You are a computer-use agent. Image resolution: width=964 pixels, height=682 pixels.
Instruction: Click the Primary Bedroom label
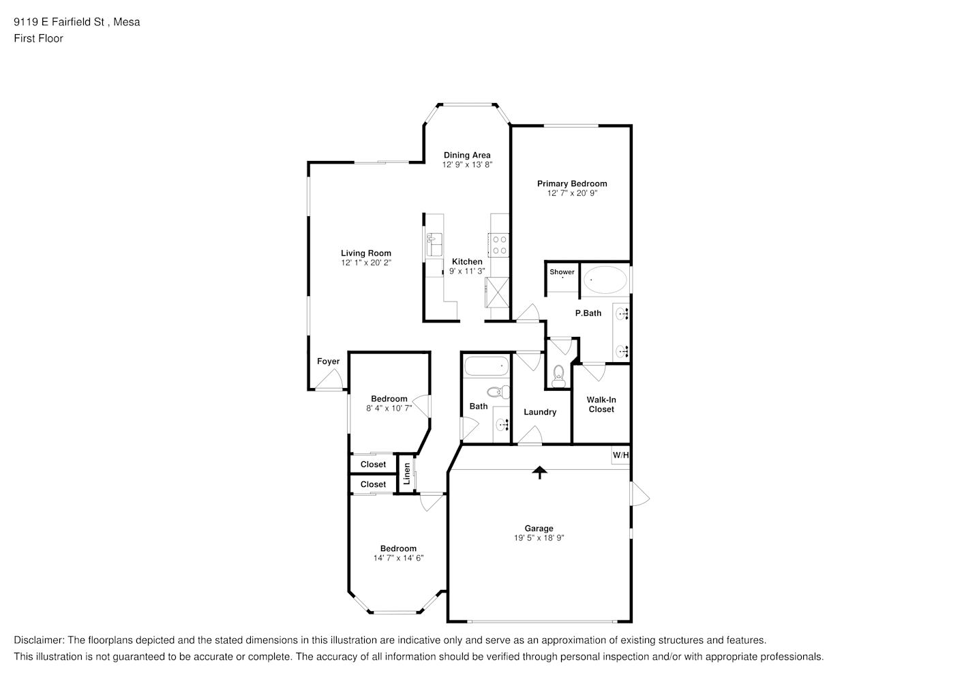tap(572, 183)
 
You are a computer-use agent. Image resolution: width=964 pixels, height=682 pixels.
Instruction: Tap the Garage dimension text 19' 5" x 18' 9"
tap(539, 538)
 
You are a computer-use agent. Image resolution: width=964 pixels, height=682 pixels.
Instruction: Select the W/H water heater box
tap(620, 455)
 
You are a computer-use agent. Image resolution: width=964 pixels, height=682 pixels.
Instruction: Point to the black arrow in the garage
tap(539, 473)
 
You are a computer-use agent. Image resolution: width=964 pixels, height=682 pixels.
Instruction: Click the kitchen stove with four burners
tap(499, 245)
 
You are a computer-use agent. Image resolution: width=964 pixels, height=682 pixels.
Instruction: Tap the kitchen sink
tap(434, 245)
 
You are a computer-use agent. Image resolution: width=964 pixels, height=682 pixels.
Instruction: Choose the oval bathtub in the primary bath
tap(605, 280)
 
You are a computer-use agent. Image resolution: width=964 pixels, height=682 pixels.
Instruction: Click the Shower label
tap(562, 272)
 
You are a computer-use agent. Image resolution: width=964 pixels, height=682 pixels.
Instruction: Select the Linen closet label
tap(407, 473)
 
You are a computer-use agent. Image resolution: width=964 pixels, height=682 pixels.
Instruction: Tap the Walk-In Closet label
tap(601, 404)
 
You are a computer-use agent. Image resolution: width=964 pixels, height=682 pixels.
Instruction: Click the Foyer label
tap(329, 361)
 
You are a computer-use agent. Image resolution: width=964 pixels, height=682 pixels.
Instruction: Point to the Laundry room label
tap(540, 412)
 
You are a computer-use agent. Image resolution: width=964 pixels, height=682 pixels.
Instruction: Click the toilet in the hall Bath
tap(498, 391)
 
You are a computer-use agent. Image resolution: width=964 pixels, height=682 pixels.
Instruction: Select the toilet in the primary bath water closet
tap(558, 377)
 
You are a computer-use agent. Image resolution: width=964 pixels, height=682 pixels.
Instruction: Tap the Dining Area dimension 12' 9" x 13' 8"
tap(468, 164)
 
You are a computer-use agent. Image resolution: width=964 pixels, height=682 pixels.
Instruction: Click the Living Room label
tap(366, 253)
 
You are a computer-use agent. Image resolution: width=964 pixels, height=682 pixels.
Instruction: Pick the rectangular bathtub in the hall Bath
tap(487, 366)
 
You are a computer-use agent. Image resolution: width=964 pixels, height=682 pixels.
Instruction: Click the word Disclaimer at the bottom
tap(38, 640)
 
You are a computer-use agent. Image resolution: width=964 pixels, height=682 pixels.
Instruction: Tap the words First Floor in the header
tap(38, 38)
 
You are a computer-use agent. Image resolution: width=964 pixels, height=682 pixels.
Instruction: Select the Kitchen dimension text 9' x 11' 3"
tap(468, 271)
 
